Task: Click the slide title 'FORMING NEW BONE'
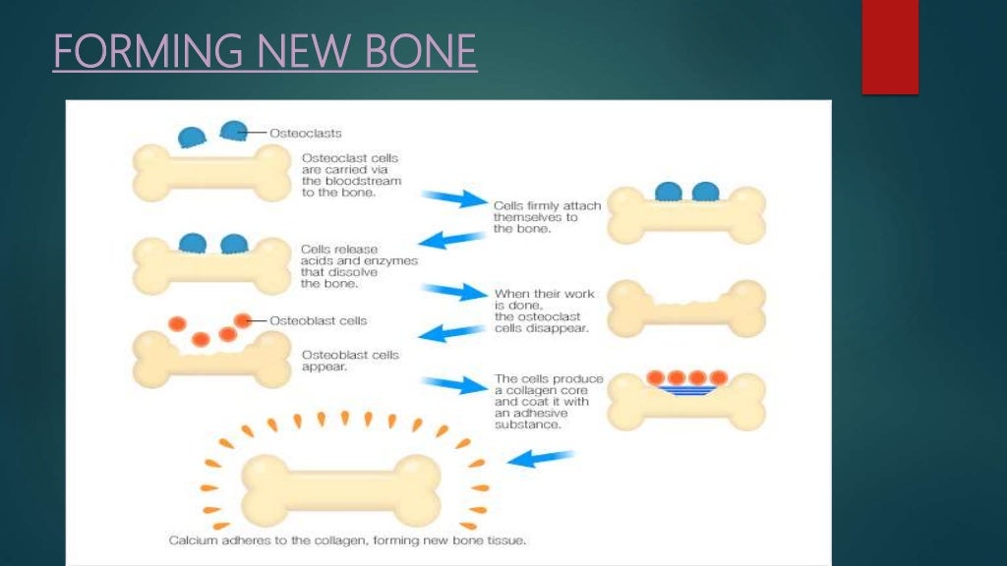(x=265, y=51)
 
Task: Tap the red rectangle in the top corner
(x=889, y=46)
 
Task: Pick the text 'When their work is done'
(x=542, y=311)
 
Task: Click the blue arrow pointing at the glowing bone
(x=546, y=458)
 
